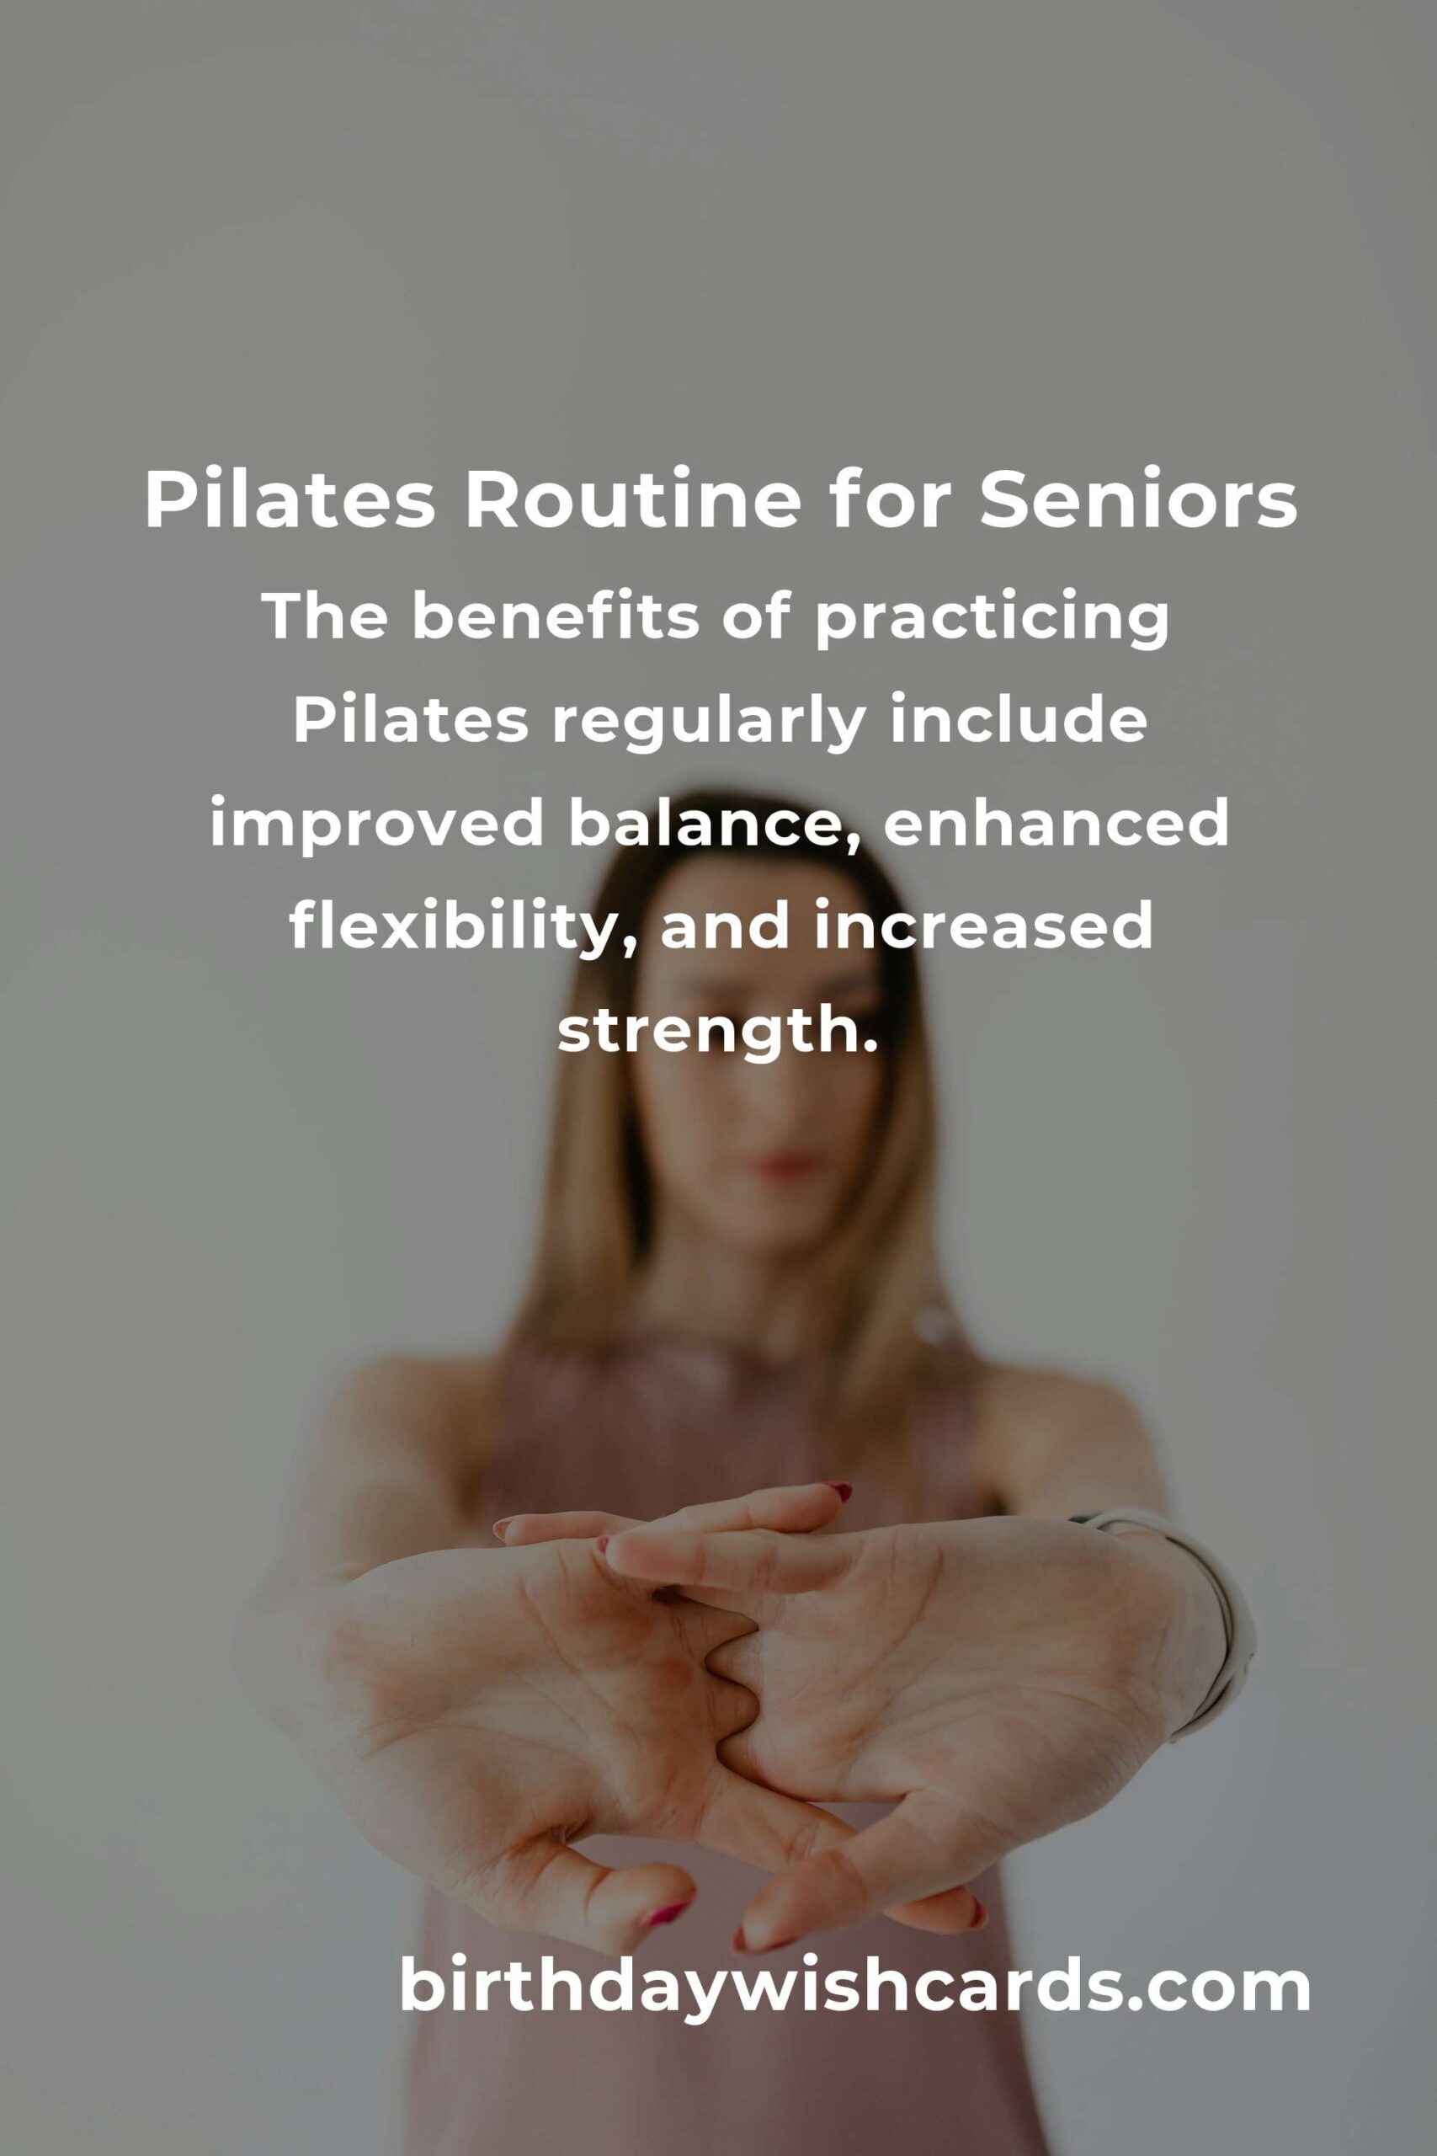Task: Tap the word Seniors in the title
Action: click(x=1138, y=501)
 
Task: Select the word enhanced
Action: click(x=1056, y=823)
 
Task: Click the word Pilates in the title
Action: click(x=290, y=501)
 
